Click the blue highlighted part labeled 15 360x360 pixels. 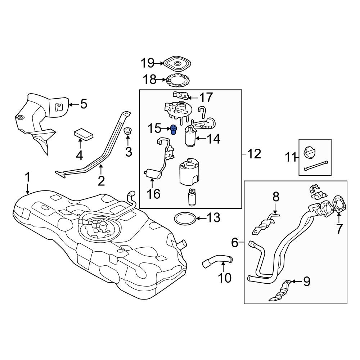coord(174,129)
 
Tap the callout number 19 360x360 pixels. coord(147,64)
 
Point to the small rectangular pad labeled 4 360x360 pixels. coord(84,134)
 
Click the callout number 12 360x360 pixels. coord(254,154)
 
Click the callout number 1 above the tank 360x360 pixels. coord(28,177)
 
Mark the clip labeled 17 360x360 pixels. coord(181,95)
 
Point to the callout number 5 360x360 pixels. coord(83,104)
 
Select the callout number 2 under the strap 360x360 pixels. coord(101,180)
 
